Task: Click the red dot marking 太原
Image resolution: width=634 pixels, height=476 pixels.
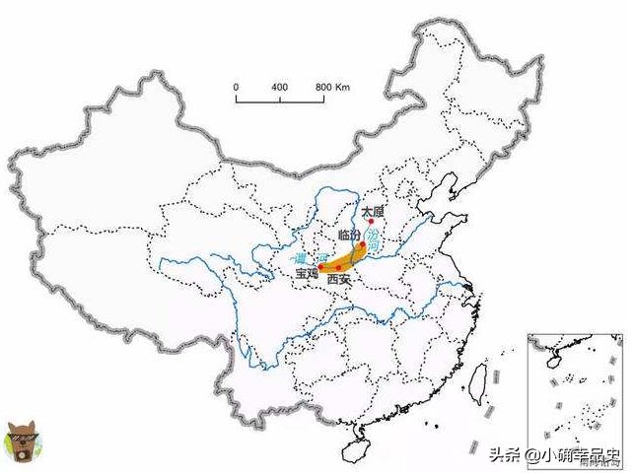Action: point(370,221)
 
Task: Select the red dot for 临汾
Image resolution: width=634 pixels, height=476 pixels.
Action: point(363,244)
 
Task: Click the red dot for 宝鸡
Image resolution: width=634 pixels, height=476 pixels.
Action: point(320,267)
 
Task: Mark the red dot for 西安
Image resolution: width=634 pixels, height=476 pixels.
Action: point(338,268)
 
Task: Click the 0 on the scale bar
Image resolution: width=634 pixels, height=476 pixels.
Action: point(237,87)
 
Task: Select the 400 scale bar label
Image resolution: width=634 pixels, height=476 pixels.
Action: point(280,87)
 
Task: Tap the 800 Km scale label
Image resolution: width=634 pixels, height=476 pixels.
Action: point(333,87)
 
